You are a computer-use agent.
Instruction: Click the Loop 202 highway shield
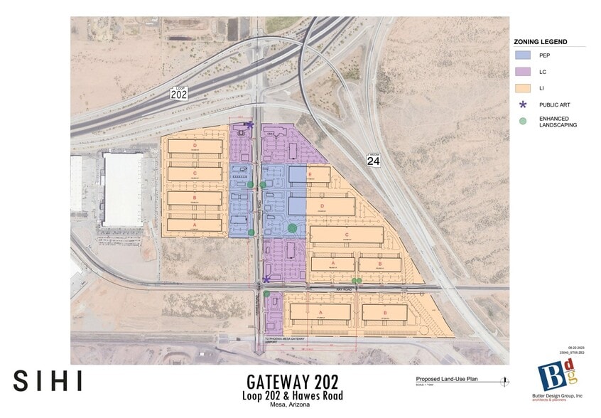pos(179,93)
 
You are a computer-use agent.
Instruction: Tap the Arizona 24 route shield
pos(374,159)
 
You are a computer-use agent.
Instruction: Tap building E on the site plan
pos(318,175)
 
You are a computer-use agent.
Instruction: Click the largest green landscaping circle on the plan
pos(292,227)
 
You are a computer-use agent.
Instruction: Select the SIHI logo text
pos(47,380)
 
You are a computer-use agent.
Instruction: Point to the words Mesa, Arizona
pos(292,406)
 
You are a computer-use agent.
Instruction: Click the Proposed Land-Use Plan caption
pos(448,380)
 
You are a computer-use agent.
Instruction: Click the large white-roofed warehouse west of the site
pos(123,189)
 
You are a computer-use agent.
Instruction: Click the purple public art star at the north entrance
pos(249,125)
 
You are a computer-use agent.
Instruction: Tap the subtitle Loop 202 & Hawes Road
pos(292,396)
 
